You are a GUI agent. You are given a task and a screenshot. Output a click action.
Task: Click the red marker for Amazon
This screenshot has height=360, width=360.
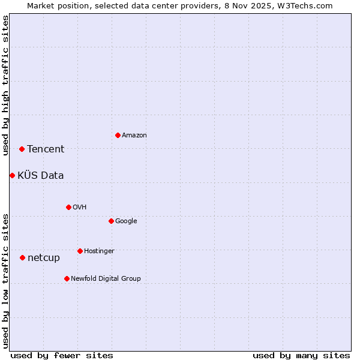118,135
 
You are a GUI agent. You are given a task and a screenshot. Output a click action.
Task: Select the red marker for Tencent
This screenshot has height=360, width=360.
22,149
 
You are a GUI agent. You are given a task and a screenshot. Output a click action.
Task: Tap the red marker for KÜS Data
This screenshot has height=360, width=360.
12,175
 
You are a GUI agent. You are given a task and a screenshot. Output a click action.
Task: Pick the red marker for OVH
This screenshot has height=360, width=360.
68,207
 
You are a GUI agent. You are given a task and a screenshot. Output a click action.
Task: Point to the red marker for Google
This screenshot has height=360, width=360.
111,221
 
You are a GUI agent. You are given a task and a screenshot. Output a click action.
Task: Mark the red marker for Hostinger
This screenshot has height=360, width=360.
80,251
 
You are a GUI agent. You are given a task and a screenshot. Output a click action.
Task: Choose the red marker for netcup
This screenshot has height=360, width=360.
22,257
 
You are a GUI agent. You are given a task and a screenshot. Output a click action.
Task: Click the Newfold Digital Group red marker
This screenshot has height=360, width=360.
67,278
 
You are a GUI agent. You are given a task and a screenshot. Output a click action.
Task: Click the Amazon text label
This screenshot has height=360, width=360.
134,136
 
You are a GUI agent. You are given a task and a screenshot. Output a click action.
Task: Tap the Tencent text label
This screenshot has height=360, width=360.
46,149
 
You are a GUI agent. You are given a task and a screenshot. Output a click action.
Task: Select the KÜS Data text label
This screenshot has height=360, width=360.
41,176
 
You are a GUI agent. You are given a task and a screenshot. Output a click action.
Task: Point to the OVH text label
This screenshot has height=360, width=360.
80,208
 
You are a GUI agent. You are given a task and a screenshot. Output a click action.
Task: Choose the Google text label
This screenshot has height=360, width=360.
126,221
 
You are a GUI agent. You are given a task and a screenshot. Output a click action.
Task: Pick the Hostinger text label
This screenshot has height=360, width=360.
99,251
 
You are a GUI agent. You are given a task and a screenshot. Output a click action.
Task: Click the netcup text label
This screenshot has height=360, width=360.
44,258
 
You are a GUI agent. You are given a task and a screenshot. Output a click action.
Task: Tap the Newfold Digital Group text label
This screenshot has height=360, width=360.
106,279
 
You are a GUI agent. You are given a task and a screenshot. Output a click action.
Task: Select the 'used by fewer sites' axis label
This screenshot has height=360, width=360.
62,355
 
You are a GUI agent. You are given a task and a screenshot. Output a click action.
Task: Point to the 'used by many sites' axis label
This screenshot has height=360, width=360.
301,355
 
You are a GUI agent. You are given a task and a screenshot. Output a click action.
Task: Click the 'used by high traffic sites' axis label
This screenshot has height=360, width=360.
5,85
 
